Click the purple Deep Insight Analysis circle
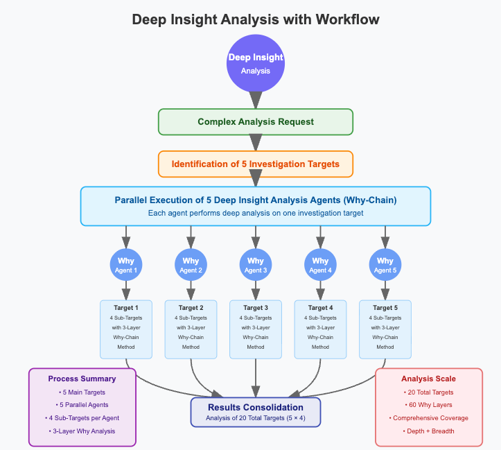[x=256, y=63]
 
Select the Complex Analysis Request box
[x=256, y=122]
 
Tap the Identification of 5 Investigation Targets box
[x=256, y=164]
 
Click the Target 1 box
[x=126, y=329]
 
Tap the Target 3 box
[x=256, y=329]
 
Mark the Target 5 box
[x=385, y=329]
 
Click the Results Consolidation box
[x=256, y=411]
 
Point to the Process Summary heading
[x=82, y=379]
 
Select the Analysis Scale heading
[x=428, y=379]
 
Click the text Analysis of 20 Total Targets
[x=256, y=417]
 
